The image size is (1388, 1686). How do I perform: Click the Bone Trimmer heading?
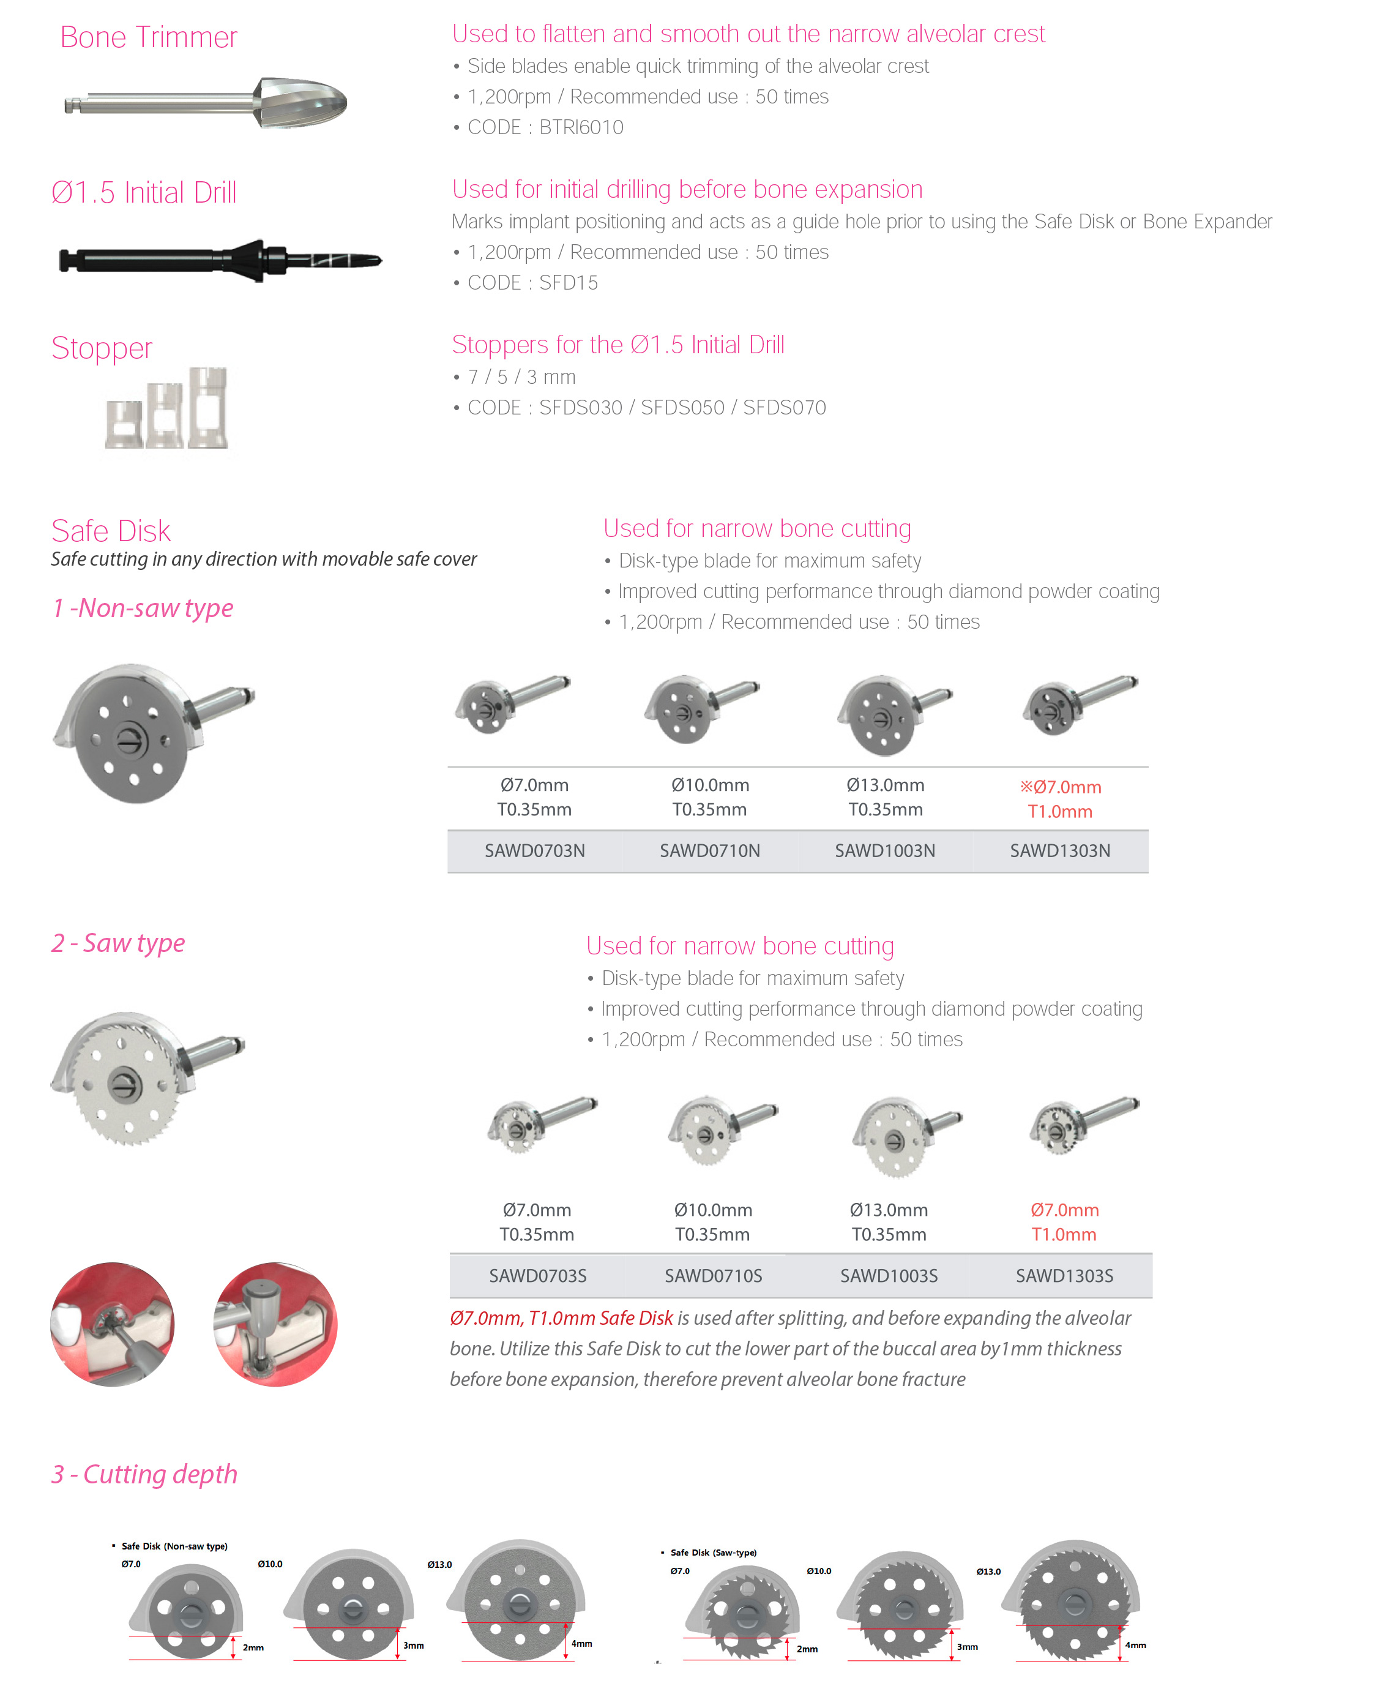[149, 37]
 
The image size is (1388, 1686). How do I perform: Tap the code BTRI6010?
[581, 127]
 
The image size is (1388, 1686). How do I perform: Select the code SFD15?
[569, 282]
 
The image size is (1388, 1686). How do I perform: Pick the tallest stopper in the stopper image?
[209, 407]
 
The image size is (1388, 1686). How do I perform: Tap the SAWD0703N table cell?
[534, 851]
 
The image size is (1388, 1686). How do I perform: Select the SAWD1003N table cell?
[885, 851]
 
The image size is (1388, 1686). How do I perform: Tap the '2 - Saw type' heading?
[118, 943]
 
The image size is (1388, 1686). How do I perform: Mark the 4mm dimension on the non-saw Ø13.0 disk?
[581, 1637]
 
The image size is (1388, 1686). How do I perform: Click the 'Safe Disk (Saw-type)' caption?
[713, 1553]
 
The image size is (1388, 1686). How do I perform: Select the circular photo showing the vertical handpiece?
[275, 1324]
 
